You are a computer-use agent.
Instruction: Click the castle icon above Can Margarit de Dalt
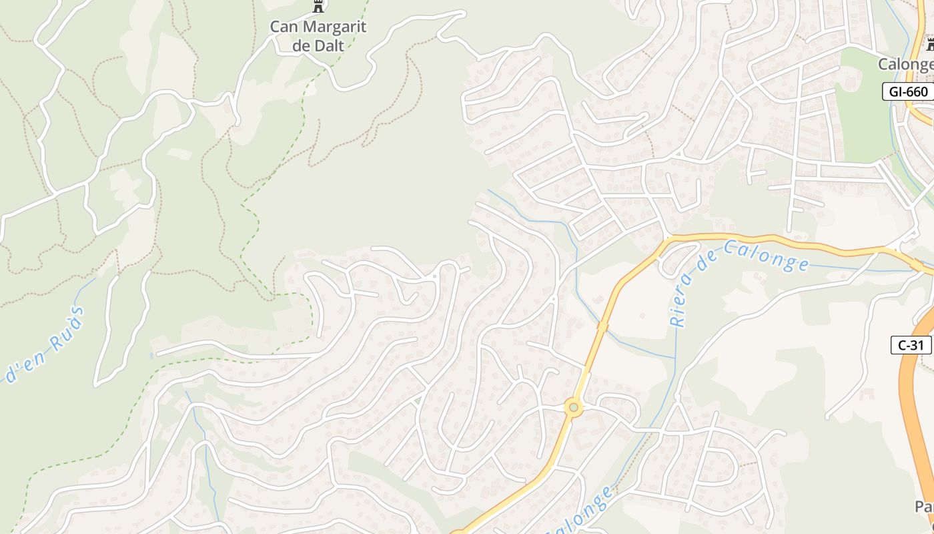318,7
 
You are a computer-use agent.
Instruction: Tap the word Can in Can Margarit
285,27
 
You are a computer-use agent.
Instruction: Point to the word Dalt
330,45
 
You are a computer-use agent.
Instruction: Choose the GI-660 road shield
908,91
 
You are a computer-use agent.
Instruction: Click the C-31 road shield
911,345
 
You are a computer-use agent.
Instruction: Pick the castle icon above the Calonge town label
930,45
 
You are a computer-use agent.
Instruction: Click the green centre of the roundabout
573,407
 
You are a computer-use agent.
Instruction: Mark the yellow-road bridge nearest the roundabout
602,326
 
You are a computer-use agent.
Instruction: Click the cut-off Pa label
924,507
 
